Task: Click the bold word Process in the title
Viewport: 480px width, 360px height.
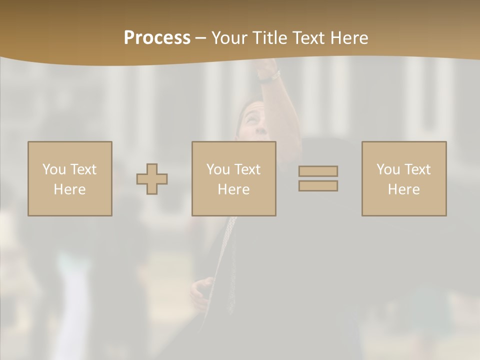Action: click(157, 38)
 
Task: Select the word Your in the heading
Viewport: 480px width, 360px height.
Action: click(229, 38)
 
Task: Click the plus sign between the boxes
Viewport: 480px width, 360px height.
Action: click(152, 179)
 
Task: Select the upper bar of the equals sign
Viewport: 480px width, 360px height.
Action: click(318, 171)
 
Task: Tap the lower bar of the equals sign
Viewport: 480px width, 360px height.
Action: click(318, 185)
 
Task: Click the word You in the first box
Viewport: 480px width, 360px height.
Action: click(54, 169)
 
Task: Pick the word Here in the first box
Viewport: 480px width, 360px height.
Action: click(69, 189)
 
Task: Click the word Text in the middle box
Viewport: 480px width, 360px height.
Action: click(248, 169)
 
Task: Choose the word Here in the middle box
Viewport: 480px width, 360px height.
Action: click(233, 189)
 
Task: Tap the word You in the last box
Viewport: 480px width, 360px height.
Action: click(388, 169)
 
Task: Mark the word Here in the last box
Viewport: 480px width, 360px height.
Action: click(403, 189)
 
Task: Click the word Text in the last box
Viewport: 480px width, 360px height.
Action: click(418, 169)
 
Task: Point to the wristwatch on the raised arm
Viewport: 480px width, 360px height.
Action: click(270, 77)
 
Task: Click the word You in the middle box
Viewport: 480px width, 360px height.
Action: click(218, 169)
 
